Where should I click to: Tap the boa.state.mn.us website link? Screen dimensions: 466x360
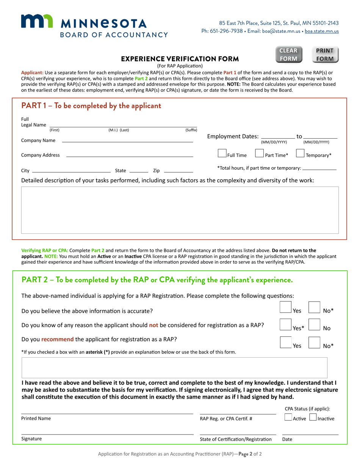(322, 31)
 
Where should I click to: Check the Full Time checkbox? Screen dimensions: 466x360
(222, 154)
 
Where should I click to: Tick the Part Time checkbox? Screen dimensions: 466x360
(259, 154)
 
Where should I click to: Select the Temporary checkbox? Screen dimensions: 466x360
(300, 154)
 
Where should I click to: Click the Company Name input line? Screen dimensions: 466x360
(127, 140)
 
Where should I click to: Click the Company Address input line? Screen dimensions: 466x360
(129, 155)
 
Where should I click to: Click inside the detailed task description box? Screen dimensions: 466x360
(180, 210)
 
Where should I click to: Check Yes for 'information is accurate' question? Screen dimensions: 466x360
(285, 307)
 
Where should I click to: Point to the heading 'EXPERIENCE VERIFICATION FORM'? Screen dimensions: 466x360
(180, 59)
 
